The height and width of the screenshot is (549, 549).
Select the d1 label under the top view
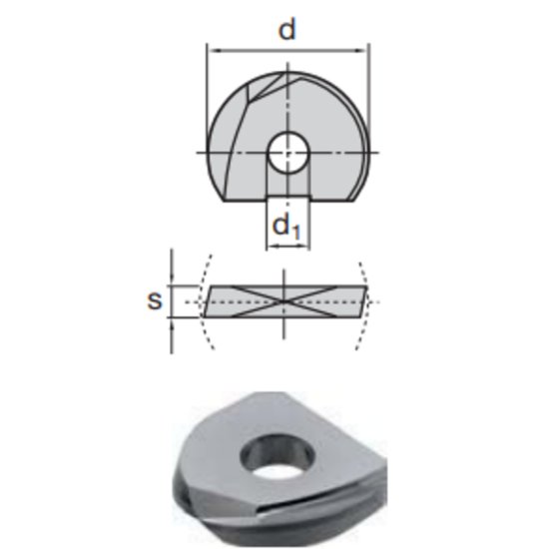[286, 229]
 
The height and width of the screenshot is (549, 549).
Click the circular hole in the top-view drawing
[287, 152]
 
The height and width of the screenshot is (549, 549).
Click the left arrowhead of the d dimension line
[211, 45]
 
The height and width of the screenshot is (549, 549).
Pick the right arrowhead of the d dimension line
[365, 45]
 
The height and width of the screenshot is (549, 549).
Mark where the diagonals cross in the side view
[285, 300]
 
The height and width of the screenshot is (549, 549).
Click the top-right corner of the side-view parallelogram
[367, 286]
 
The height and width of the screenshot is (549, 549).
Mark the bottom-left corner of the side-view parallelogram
[204, 316]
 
